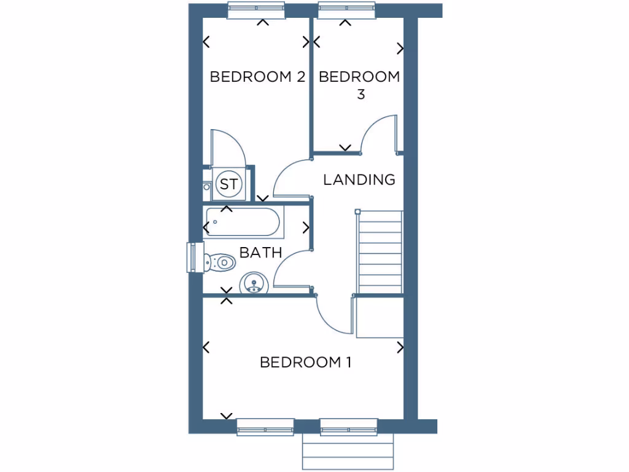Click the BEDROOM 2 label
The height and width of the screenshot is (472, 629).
tap(257, 77)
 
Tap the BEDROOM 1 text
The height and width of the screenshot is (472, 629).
tap(305, 362)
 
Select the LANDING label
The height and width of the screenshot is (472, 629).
tap(359, 179)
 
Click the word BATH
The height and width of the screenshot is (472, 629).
tap(260, 252)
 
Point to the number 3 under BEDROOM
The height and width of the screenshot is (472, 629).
tap(361, 95)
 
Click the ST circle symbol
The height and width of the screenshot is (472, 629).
tap(229, 184)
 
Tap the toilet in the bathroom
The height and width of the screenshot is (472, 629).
tap(219, 262)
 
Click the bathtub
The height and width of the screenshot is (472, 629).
tap(243, 222)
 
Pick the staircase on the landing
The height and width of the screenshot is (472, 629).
tap(380, 252)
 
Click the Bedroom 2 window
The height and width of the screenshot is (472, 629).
tap(256, 10)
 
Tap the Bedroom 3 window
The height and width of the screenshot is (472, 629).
tap(346, 10)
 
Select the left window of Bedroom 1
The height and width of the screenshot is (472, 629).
tap(265, 427)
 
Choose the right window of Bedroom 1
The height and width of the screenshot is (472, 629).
tap(348, 427)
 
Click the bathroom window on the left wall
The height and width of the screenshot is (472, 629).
tap(191, 257)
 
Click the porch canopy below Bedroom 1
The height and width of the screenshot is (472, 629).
tap(348, 454)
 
